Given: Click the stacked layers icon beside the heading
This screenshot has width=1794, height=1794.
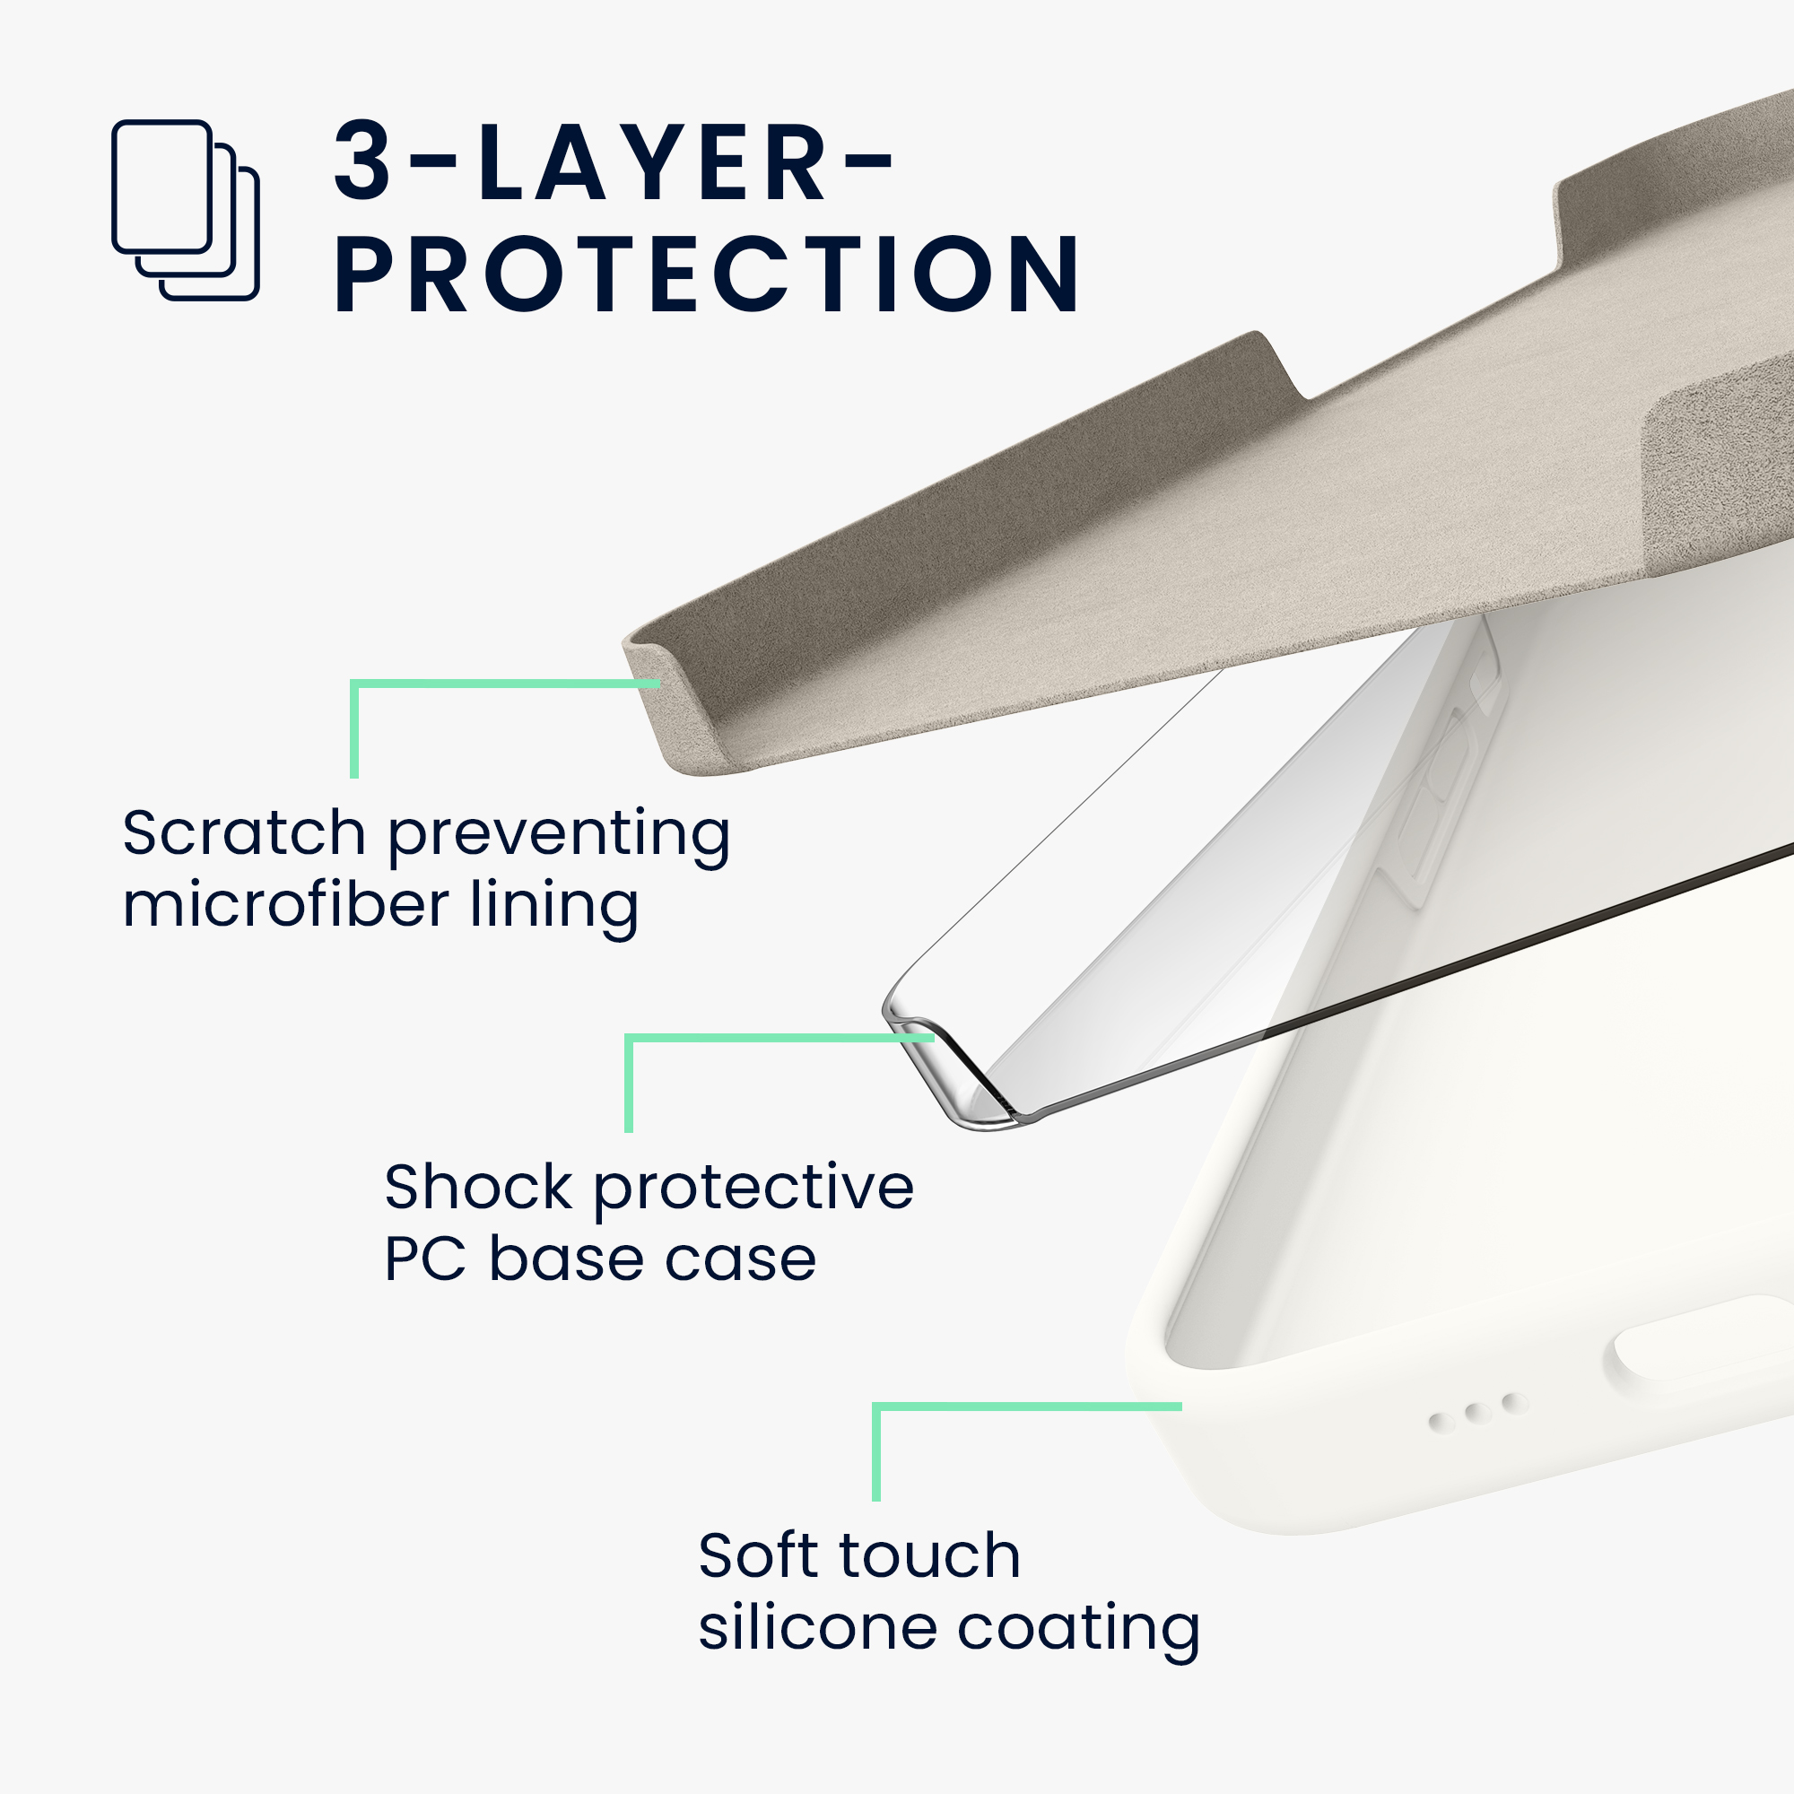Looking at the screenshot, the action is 185,211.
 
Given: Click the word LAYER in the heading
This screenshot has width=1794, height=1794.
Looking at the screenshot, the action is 653,163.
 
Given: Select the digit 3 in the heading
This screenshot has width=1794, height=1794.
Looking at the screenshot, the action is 362,162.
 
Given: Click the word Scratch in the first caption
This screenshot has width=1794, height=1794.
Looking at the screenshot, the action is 244,833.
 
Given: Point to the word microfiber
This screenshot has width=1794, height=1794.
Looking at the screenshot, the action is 286,904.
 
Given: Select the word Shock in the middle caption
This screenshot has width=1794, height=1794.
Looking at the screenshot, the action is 479,1187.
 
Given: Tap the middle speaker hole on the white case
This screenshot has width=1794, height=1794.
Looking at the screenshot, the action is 1477,1414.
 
